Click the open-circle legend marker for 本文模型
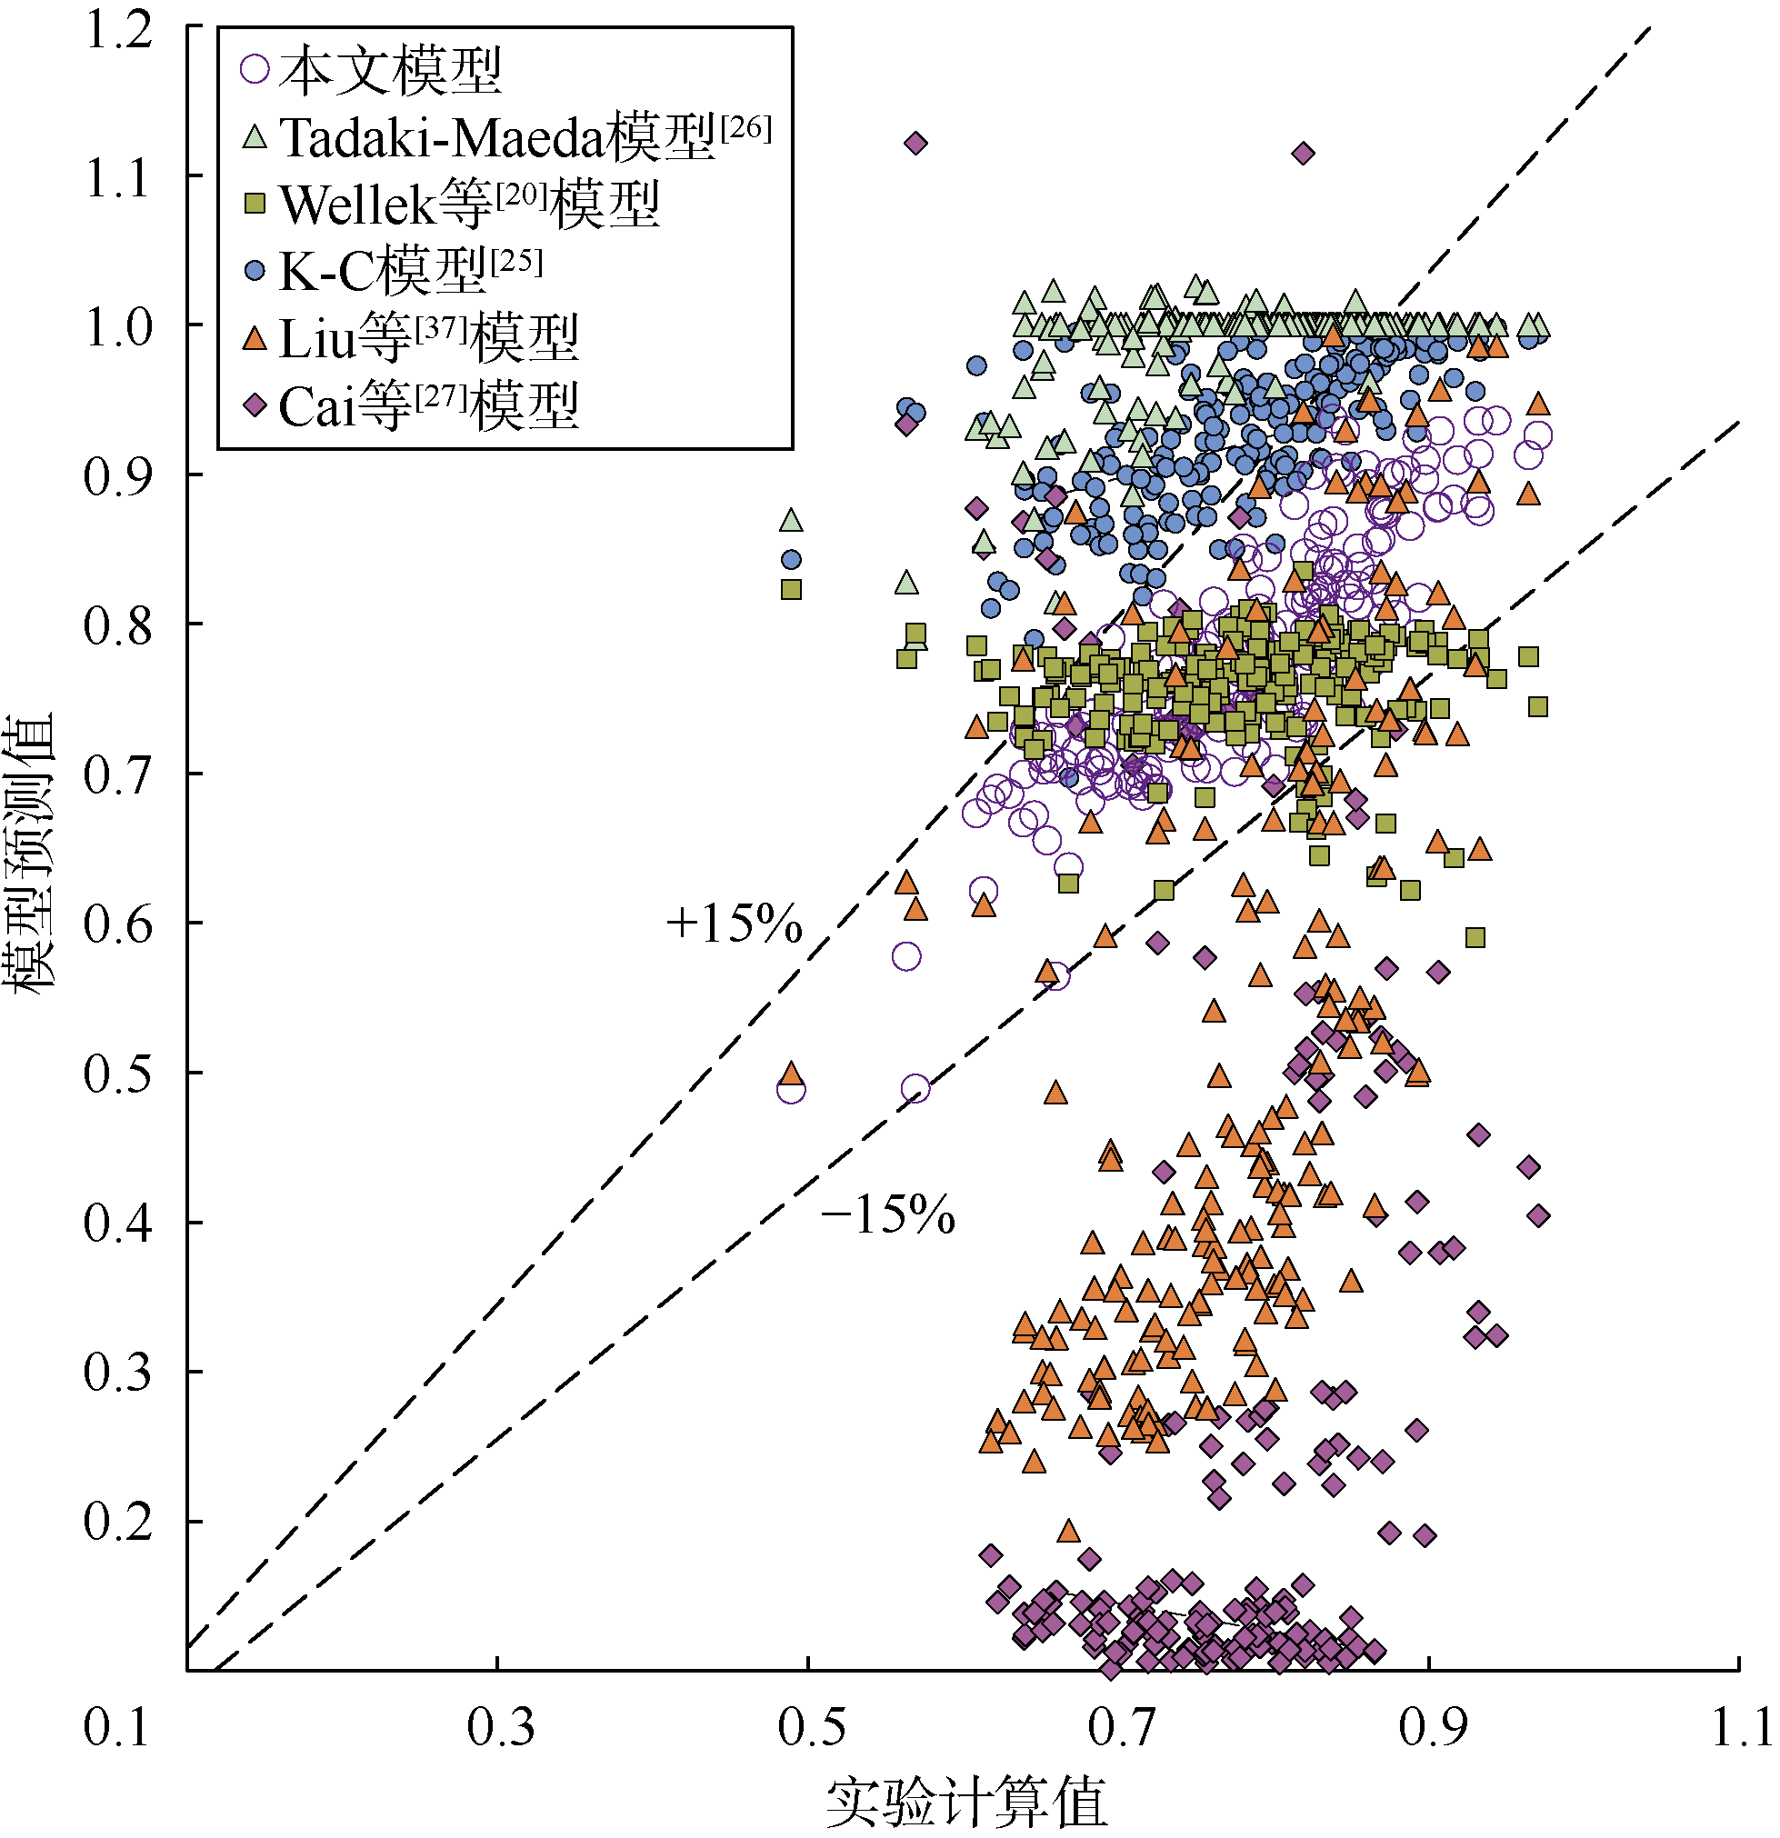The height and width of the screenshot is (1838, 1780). click(255, 68)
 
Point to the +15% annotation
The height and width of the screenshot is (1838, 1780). click(734, 924)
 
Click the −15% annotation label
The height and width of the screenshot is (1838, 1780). click(887, 1215)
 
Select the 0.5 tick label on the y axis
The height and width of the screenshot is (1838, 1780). click(118, 1073)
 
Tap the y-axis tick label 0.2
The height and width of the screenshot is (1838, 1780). click(118, 1521)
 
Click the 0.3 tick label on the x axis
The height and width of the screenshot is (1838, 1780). click(500, 1727)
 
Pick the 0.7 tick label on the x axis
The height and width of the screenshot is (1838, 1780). click(1120, 1727)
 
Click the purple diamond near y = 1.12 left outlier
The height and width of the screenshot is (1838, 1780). click(915, 144)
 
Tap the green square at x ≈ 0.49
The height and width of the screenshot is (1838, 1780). click(792, 589)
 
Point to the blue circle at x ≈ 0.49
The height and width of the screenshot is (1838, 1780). click(792, 560)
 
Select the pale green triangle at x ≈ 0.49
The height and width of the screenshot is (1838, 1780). click(792, 521)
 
